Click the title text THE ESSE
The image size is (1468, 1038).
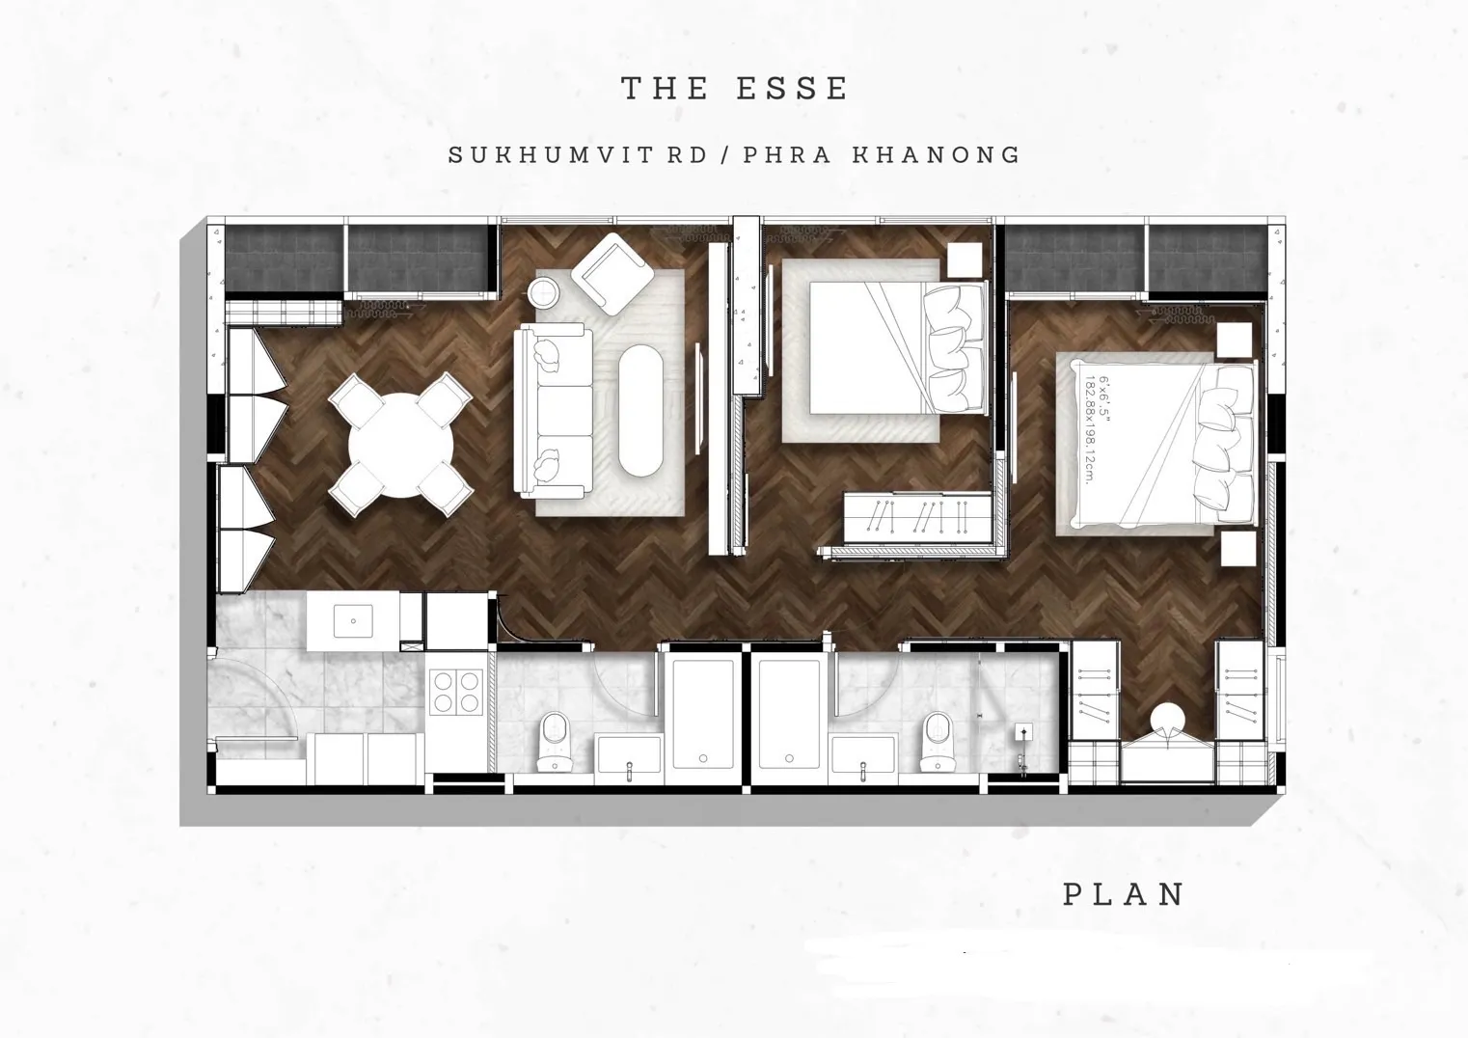pos(734,89)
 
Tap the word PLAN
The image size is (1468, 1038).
pos(1124,894)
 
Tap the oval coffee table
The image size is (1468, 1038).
pos(641,411)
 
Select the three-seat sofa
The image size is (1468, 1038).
pos(553,411)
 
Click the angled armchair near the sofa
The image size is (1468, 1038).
pos(612,274)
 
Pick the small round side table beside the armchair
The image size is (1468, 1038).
pos(544,292)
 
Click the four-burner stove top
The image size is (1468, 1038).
pos(456,692)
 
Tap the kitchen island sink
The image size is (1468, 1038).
pos(353,620)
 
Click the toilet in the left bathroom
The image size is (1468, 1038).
pos(555,741)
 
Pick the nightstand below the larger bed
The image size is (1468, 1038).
pos(1238,549)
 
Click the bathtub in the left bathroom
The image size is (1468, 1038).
pos(703,714)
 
